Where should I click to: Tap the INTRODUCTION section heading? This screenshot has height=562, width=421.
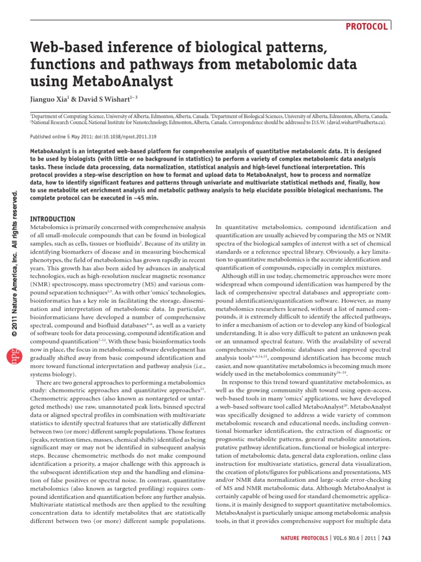point(53,218)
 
